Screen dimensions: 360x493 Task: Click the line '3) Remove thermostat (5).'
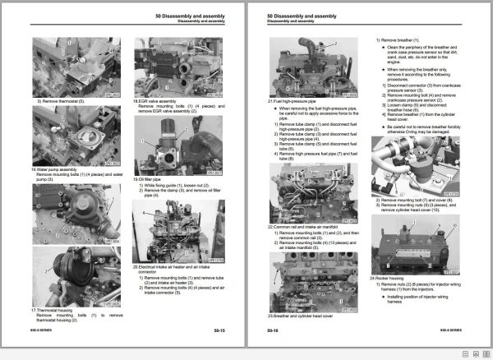tap(65, 100)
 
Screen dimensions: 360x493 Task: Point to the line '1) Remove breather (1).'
tap(403, 40)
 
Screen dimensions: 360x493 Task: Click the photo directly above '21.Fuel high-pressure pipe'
tap(314, 67)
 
